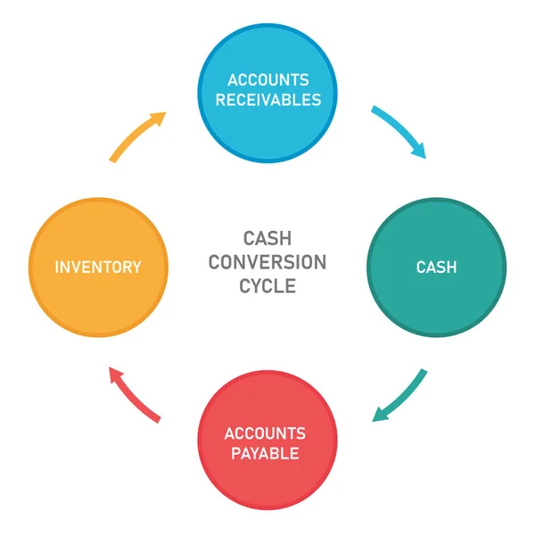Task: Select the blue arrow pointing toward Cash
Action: pyautogui.click(x=399, y=131)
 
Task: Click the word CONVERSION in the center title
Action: pyautogui.click(x=267, y=262)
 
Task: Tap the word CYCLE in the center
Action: pyautogui.click(x=267, y=286)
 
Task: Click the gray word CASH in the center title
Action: pyautogui.click(x=267, y=239)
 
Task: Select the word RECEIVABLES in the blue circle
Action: pyautogui.click(x=267, y=99)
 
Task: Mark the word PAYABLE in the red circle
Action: pyautogui.click(x=266, y=454)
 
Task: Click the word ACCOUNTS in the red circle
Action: pyautogui.click(x=266, y=433)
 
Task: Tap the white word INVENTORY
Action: pyautogui.click(x=98, y=267)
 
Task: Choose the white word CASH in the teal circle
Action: pyautogui.click(x=436, y=267)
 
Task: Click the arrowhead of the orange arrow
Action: pyautogui.click(x=159, y=117)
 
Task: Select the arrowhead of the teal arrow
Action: pyautogui.click(x=380, y=415)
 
